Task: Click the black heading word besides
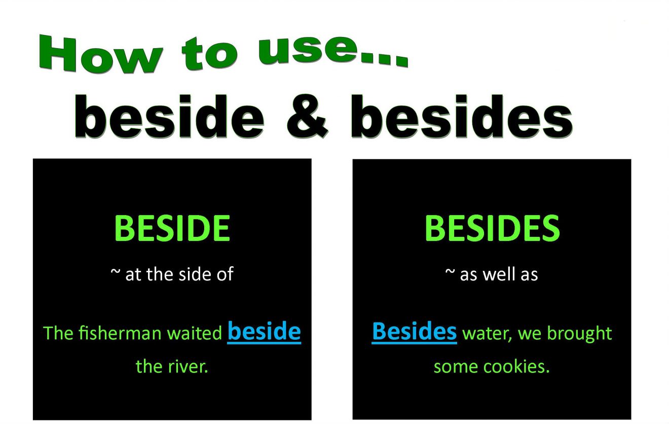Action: pos(462,118)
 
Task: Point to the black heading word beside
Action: pos(170,118)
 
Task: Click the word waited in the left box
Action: pos(195,333)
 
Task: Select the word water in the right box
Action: pos(482,333)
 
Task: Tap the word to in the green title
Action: pos(210,52)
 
